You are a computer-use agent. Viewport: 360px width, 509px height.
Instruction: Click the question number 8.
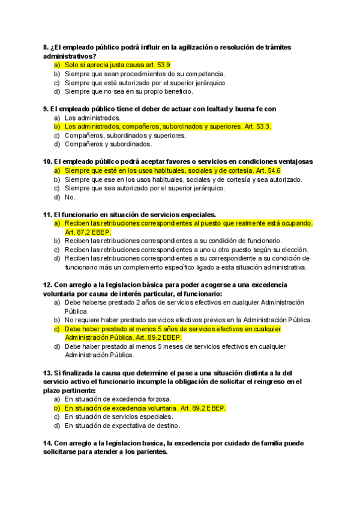pos(46,47)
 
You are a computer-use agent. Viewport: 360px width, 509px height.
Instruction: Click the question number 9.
pos(46,109)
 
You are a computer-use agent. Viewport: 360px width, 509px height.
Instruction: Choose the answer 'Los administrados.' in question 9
pos(92,118)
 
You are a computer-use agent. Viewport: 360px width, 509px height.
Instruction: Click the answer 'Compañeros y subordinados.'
pos(108,144)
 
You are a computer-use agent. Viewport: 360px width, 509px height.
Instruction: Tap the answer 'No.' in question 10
pos(70,197)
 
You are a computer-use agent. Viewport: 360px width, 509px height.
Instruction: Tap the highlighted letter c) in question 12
pos(57,329)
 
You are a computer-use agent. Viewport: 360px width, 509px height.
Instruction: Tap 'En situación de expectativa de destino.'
pos(122,426)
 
